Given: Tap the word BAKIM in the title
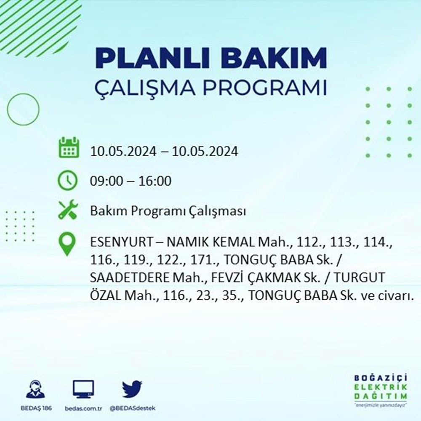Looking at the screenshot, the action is click(274, 57).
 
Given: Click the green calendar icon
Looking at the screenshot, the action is click(69, 147).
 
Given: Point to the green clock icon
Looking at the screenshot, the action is click(68, 180).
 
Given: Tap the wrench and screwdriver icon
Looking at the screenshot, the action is click(68, 210).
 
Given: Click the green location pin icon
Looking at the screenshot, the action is click(67, 244).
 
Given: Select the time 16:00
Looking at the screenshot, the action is click(155, 181).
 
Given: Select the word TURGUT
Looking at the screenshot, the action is click(359, 277).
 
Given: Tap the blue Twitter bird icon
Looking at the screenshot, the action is click(132, 389).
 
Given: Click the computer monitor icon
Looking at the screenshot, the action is click(83, 389).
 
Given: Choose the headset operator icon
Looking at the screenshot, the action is click(36, 389).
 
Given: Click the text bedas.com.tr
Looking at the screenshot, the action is click(83, 408).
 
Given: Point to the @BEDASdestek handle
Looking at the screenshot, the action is click(133, 408).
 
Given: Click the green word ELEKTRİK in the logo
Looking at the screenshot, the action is click(381, 387).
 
